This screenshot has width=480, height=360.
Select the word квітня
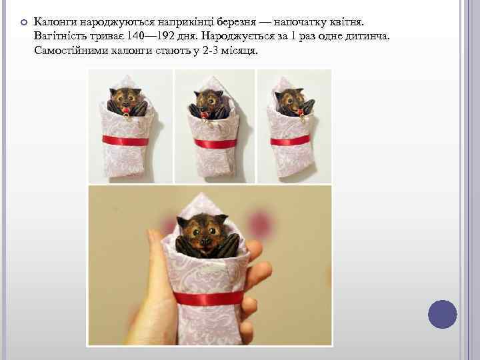(347, 22)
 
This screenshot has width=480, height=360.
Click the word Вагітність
(60, 36)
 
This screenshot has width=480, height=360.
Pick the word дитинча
(367, 36)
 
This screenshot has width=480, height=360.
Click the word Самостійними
(71, 50)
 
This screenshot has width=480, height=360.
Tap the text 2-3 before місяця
(210, 50)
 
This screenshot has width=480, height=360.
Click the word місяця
(239, 50)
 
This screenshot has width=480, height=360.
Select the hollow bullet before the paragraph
(24, 23)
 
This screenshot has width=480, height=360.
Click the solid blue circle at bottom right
(443, 314)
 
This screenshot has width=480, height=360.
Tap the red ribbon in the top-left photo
(125, 141)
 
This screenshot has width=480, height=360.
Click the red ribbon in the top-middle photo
(215, 143)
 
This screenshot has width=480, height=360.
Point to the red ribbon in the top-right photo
(290, 141)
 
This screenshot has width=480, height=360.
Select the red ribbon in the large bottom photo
(209, 298)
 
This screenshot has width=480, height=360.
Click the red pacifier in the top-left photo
(126, 111)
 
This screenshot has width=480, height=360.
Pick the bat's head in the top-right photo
(290, 101)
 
